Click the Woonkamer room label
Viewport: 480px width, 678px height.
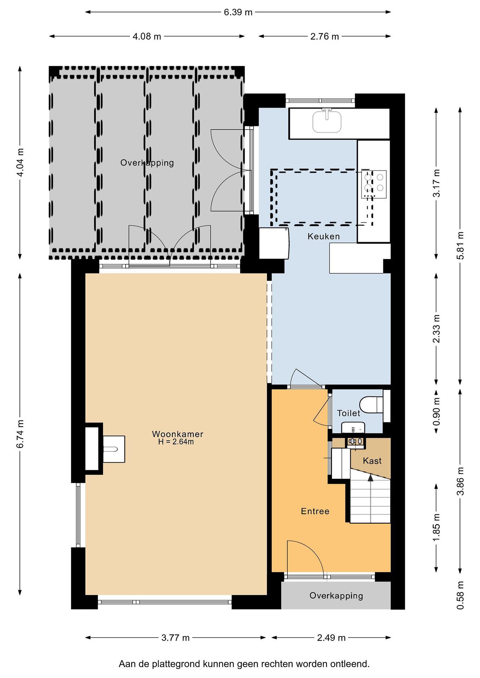[177, 434]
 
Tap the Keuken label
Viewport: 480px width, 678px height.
[324, 236]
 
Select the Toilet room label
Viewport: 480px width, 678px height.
[349, 413]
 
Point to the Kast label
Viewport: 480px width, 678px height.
[372, 461]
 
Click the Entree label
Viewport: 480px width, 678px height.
[315, 511]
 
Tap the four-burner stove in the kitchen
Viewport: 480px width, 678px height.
[373, 184]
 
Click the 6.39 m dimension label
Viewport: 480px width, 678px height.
[238, 12]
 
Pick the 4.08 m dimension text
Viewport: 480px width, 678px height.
[147, 36]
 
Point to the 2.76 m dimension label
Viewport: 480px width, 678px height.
[324, 36]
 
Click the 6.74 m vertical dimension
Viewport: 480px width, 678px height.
[20, 434]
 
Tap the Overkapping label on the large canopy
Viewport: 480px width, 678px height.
[147, 163]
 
